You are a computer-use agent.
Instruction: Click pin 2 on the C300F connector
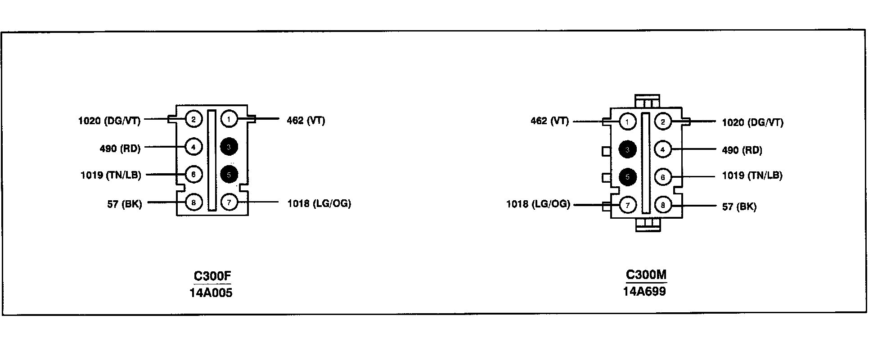[x=193, y=119]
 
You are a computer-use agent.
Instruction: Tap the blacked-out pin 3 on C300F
[x=229, y=147]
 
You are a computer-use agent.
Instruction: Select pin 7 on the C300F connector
[x=229, y=202]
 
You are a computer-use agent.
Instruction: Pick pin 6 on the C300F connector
[x=193, y=175]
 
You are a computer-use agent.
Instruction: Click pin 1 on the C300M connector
[x=628, y=121]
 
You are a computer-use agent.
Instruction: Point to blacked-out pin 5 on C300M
[x=628, y=177]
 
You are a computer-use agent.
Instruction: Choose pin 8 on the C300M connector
[x=663, y=206]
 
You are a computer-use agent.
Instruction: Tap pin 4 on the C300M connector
[x=663, y=149]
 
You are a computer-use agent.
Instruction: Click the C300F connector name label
[x=212, y=276]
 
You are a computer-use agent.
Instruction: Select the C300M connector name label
[x=646, y=274]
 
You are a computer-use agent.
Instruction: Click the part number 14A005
[x=211, y=293]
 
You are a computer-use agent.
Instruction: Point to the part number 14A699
[x=644, y=291]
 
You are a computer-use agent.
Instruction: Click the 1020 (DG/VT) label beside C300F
[x=109, y=121]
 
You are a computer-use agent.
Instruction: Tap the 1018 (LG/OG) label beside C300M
[x=538, y=204]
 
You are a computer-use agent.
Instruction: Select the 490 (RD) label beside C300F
[x=120, y=148]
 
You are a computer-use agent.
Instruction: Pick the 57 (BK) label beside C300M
[x=739, y=207]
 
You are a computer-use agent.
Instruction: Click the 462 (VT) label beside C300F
[x=306, y=121]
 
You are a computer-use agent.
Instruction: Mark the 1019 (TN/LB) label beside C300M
[x=752, y=175]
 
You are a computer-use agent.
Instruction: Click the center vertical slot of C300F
[x=211, y=160]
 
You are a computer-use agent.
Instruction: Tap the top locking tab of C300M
[x=647, y=102]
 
